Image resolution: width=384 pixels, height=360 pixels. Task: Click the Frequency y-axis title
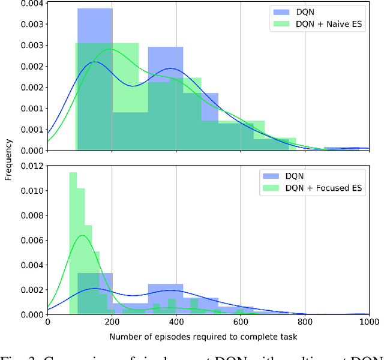(x=8, y=160)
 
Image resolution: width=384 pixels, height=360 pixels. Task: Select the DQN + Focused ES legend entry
(x=324, y=188)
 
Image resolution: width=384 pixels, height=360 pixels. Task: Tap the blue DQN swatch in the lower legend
(x=272, y=176)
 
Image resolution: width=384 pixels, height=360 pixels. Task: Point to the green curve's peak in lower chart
(x=82, y=235)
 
